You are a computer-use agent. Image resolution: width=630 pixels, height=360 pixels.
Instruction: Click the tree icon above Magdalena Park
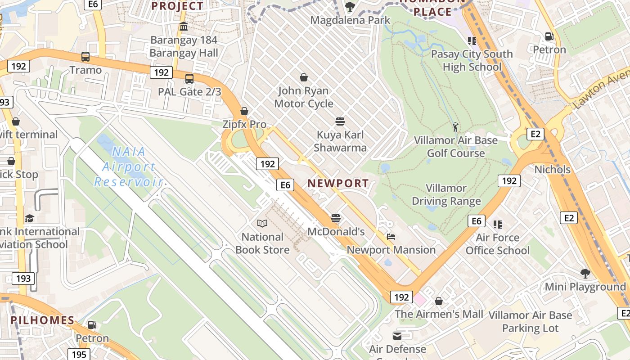(x=350, y=7)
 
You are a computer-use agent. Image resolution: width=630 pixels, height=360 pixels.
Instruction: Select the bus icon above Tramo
(x=85, y=57)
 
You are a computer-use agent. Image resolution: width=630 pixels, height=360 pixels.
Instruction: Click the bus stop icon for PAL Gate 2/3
(x=189, y=79)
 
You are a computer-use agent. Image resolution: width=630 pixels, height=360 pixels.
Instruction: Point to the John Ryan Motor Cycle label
(x=304, y=97)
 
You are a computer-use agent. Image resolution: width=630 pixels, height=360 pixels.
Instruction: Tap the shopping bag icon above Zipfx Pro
(x=244, y=111)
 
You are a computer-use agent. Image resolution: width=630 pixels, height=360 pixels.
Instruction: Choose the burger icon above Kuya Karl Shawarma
(x=340, y=121)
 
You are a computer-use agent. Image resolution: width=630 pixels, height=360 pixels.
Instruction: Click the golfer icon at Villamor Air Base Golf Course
(x=455, y=127)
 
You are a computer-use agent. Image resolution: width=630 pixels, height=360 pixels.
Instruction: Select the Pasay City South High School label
(x=472, y=60)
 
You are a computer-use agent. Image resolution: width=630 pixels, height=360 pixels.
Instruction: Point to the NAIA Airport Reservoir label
(x=128, y=166)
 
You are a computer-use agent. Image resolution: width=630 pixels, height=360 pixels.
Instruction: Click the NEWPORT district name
(x=338, y=183)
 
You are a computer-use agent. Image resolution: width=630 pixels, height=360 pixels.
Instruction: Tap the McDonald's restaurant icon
(x=336, y=218)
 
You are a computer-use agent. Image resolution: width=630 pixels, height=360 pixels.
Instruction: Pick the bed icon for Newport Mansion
(x=391, y=237)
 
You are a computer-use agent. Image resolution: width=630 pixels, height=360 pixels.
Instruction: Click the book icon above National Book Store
(x=262, y=223)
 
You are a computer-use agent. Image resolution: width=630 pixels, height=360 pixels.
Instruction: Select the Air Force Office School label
(x=498, y=244)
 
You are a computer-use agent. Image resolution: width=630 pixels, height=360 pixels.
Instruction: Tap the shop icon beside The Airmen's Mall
(x=439, y=301)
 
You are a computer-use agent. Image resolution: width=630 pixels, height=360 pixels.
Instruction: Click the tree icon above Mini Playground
(x=585, y=273)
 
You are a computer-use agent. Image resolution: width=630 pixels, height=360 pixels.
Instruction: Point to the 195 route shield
(x=79, y=354)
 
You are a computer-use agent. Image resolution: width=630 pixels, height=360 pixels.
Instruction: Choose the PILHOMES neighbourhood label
(x=42, y=320)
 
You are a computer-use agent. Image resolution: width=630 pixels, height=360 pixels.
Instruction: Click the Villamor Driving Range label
(x=446, y=194)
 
